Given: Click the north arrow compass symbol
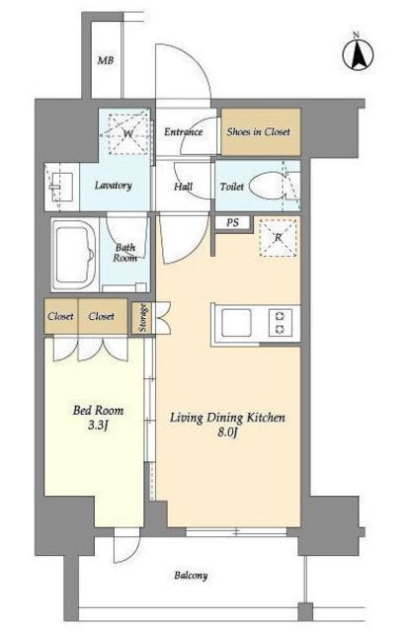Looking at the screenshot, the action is click(358, 55).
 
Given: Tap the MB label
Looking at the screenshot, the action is click(106, 61).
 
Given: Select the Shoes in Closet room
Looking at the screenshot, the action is click(261, 131).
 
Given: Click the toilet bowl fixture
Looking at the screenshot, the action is click(267, 187).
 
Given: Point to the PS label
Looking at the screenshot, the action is click(232, 222).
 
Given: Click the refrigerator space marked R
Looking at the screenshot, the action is click(279, 237).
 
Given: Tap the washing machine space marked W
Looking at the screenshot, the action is click(128, 133).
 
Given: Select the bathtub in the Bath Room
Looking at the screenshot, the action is click(75, 255).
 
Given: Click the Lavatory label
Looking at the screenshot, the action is click(114, 186).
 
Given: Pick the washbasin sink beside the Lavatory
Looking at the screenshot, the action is click(61, 187).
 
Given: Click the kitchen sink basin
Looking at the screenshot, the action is click(236, 324).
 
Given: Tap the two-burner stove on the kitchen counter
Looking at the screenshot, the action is click(281, 323).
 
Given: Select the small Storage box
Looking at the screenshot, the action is click(142, 318).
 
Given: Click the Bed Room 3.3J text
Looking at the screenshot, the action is click(98, 418).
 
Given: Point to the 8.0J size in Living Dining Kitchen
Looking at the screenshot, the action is click(228, 433).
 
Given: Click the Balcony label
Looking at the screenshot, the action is click(191, 575).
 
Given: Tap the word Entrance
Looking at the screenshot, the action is click(183, 131).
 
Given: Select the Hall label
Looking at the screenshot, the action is click(184, 187).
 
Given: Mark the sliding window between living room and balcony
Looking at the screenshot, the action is click(236, 532).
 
